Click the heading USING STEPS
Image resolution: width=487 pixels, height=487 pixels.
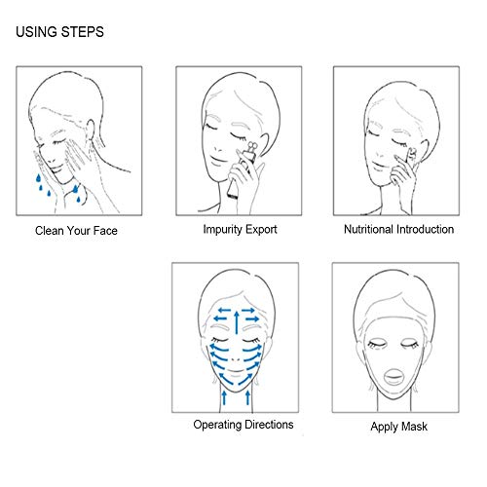pos(59,32)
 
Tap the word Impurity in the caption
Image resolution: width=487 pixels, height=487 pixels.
pos(222,230)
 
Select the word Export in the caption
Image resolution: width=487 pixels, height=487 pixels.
pos(261,229)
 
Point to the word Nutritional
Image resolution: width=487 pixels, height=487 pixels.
pos(368,229)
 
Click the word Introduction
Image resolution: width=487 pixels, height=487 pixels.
pos(425,229)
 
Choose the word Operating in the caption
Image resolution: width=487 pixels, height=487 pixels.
pos(217,425)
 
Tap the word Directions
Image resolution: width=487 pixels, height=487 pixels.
pos(269,425)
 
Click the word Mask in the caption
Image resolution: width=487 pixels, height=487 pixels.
pos(415,426)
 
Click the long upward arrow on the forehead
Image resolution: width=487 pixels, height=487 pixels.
pos(237,322)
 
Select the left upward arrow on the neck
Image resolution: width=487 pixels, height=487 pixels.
pos(224,397)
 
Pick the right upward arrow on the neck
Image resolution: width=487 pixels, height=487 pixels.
pos(248,397)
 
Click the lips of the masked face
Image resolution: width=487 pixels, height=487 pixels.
pos(393,377)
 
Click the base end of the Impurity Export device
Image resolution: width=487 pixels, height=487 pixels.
pos(232,195)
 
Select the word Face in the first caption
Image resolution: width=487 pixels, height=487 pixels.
pos(105,231)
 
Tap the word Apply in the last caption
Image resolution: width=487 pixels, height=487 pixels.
pos(385,427)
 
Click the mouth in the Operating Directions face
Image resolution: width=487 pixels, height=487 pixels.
pos(236,371)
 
